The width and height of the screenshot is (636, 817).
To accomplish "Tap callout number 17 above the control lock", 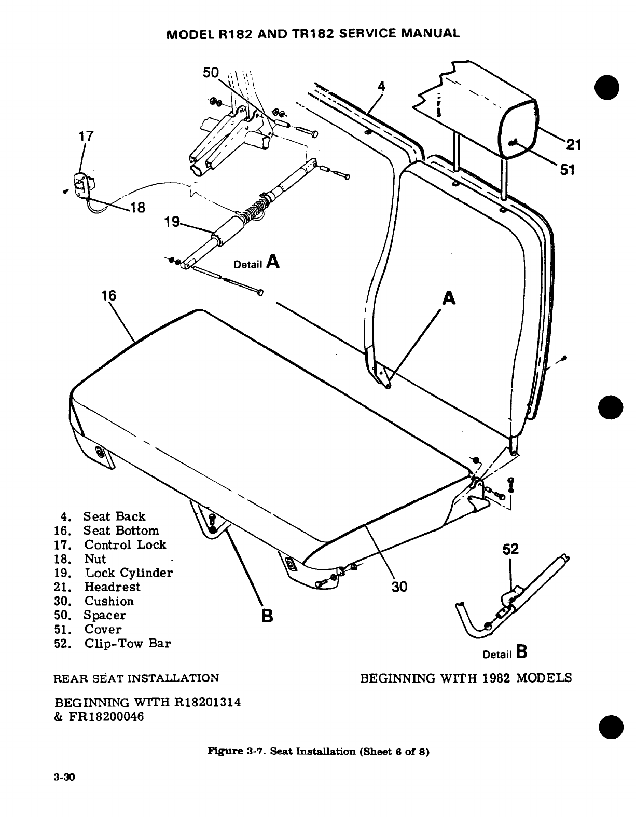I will [85, 137].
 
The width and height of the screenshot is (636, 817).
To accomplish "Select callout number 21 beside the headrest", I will [573, 145].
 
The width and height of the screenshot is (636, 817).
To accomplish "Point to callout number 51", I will [568, 169].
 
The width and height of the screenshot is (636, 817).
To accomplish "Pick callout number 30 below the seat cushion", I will [399, 587].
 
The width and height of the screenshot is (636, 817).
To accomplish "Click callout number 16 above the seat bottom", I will [108, 296].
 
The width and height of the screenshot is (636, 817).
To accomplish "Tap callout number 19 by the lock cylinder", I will [171, 223].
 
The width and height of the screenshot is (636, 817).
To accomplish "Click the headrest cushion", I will [519, 130].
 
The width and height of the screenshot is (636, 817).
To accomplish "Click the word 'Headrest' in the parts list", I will [112, 587].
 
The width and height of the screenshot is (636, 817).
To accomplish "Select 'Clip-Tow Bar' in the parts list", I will [128, 644].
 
